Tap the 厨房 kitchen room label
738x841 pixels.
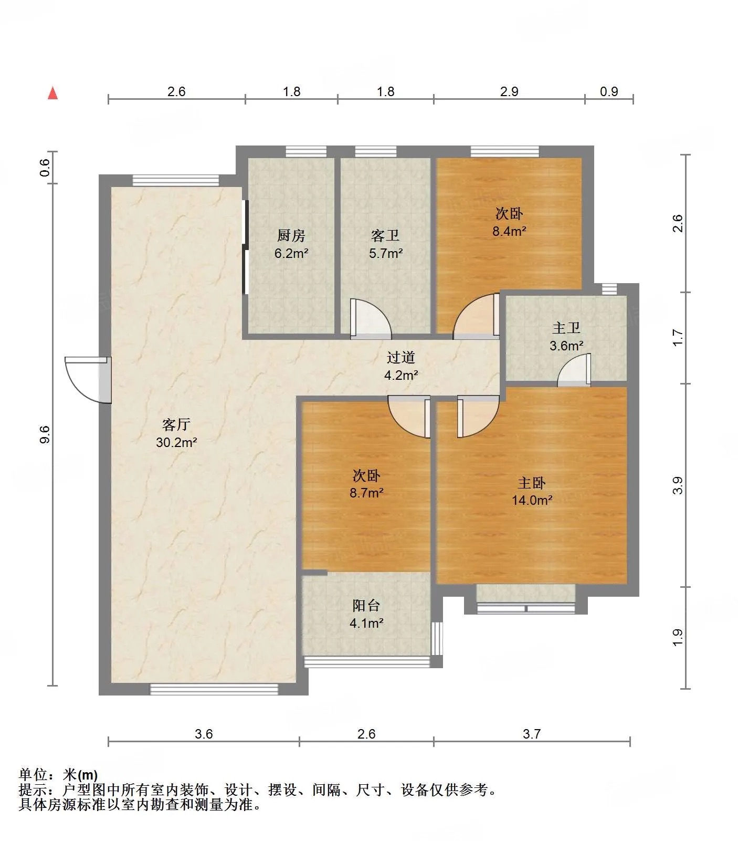pos(291,235)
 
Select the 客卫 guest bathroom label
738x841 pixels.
pos(386,235)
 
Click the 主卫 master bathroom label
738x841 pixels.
pos(566,328)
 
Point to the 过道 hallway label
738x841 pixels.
pos(401,357)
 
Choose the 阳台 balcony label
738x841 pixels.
pos(366,605)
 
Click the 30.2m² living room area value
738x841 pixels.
pos(176,442)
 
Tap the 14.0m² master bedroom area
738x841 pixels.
pos(532,500)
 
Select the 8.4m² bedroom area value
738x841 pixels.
pos(509,231)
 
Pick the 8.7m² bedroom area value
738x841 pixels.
pos(366,493)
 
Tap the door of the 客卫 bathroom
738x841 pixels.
pos(370,317)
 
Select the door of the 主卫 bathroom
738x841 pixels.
pos(574,370)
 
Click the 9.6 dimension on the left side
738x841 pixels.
pos(45,434)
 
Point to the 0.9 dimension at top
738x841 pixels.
pos(609,91)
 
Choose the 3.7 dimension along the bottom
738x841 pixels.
pos(532,734)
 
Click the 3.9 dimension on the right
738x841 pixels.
pos(678,485)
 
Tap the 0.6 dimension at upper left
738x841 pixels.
pos(45,167)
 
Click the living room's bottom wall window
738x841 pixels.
pos(214,689)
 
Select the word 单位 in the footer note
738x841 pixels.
pos(33,774)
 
